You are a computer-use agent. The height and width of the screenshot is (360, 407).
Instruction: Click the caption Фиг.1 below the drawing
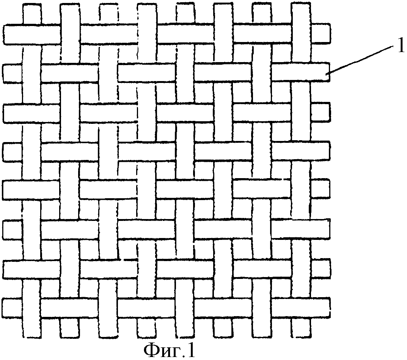(169, 350)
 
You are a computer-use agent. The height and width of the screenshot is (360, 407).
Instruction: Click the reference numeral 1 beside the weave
(401, 46)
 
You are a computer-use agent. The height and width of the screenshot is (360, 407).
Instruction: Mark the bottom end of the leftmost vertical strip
(31, 337)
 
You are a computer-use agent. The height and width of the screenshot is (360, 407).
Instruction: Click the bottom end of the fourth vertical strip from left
(147, 337)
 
